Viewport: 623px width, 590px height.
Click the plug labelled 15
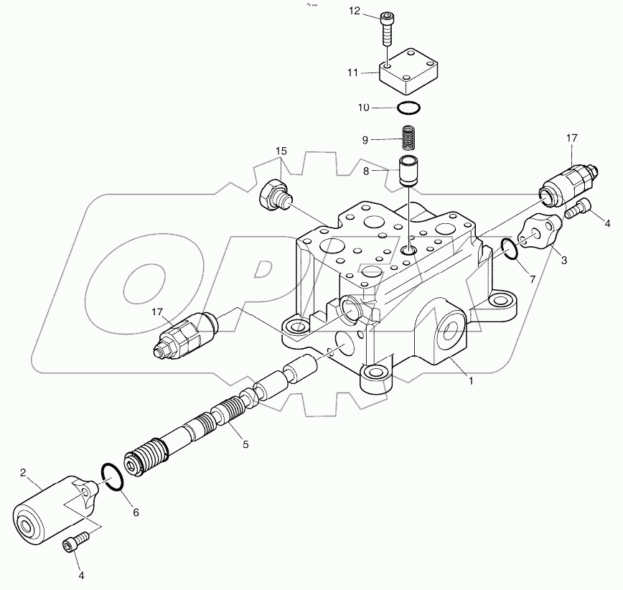[x=273, y=195]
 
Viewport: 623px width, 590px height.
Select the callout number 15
[x=281, y=151]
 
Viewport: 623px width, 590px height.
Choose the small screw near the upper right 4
[x=579, y=209]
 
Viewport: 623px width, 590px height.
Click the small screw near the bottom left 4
[x=74, y=540]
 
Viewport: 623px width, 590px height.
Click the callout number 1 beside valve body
[x=471, y=381]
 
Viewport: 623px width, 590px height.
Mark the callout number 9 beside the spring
[x=365, y=139]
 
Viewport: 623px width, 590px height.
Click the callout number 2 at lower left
[x=23, y=472]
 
